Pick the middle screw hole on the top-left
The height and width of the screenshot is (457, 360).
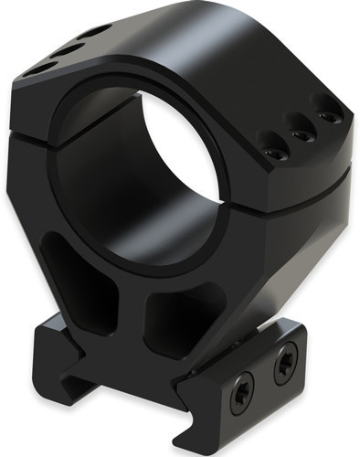point(67,49)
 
